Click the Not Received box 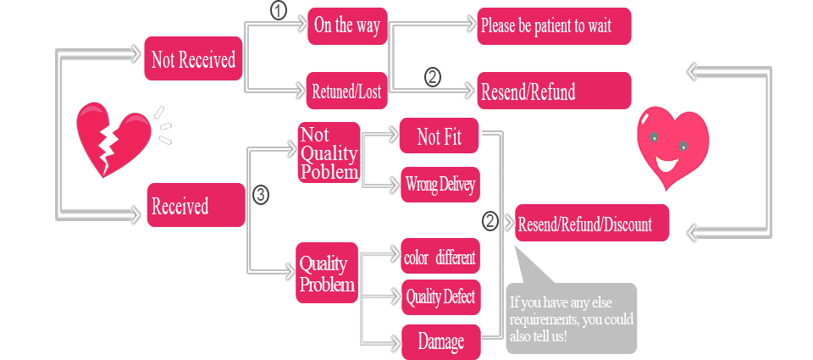click(x=193, y=58)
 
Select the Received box click(x=196, y=205)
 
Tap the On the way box click(x=346, y=25)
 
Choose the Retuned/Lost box click(x=346, y=91)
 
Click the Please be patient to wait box click(x=554, y=26)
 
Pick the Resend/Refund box click(x=554, y=91)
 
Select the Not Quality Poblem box click(x=329, y=152)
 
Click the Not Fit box click(x=440, y=136)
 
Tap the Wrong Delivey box click(x=440, y=183)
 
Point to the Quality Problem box click(x=327, y=273)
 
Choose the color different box click(x=440, y=257)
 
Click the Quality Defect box click(x=440, y=296)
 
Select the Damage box click(x=440, y=341)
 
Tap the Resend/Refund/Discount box click(x=591, y=224)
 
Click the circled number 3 click(x=261, y=195)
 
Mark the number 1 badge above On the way click(x=278, y=10)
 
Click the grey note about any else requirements click(x=572, y=317)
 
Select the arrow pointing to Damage click(x=393, y=341)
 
